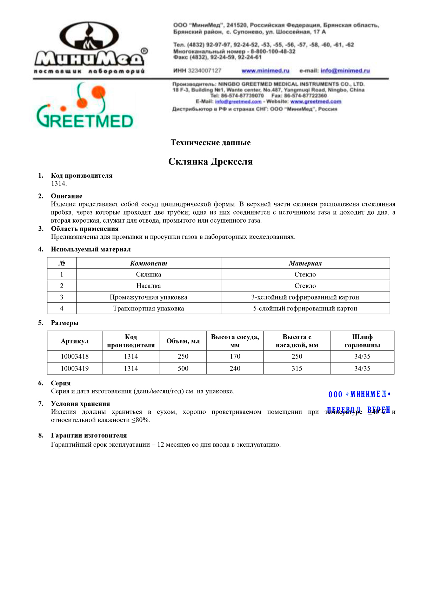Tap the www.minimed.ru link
click(265, 71)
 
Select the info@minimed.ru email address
click(345, 71)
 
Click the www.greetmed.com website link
click(316, 101)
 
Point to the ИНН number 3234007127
click(205, 71)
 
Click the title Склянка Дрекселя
click(210, 162)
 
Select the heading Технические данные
click(210, 143)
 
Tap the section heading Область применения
click(85, 229)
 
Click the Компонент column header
click(148, 263)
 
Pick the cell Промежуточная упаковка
click(148, 297)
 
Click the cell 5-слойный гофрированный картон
click(305, 308)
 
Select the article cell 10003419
click(75, 368)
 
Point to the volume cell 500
click(183, 368)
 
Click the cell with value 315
click(297, 368)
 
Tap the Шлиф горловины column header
click(362, 341)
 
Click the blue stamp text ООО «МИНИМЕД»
click(359, 394)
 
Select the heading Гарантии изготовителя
click(89, 435)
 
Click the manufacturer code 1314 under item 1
click(59, 183)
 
